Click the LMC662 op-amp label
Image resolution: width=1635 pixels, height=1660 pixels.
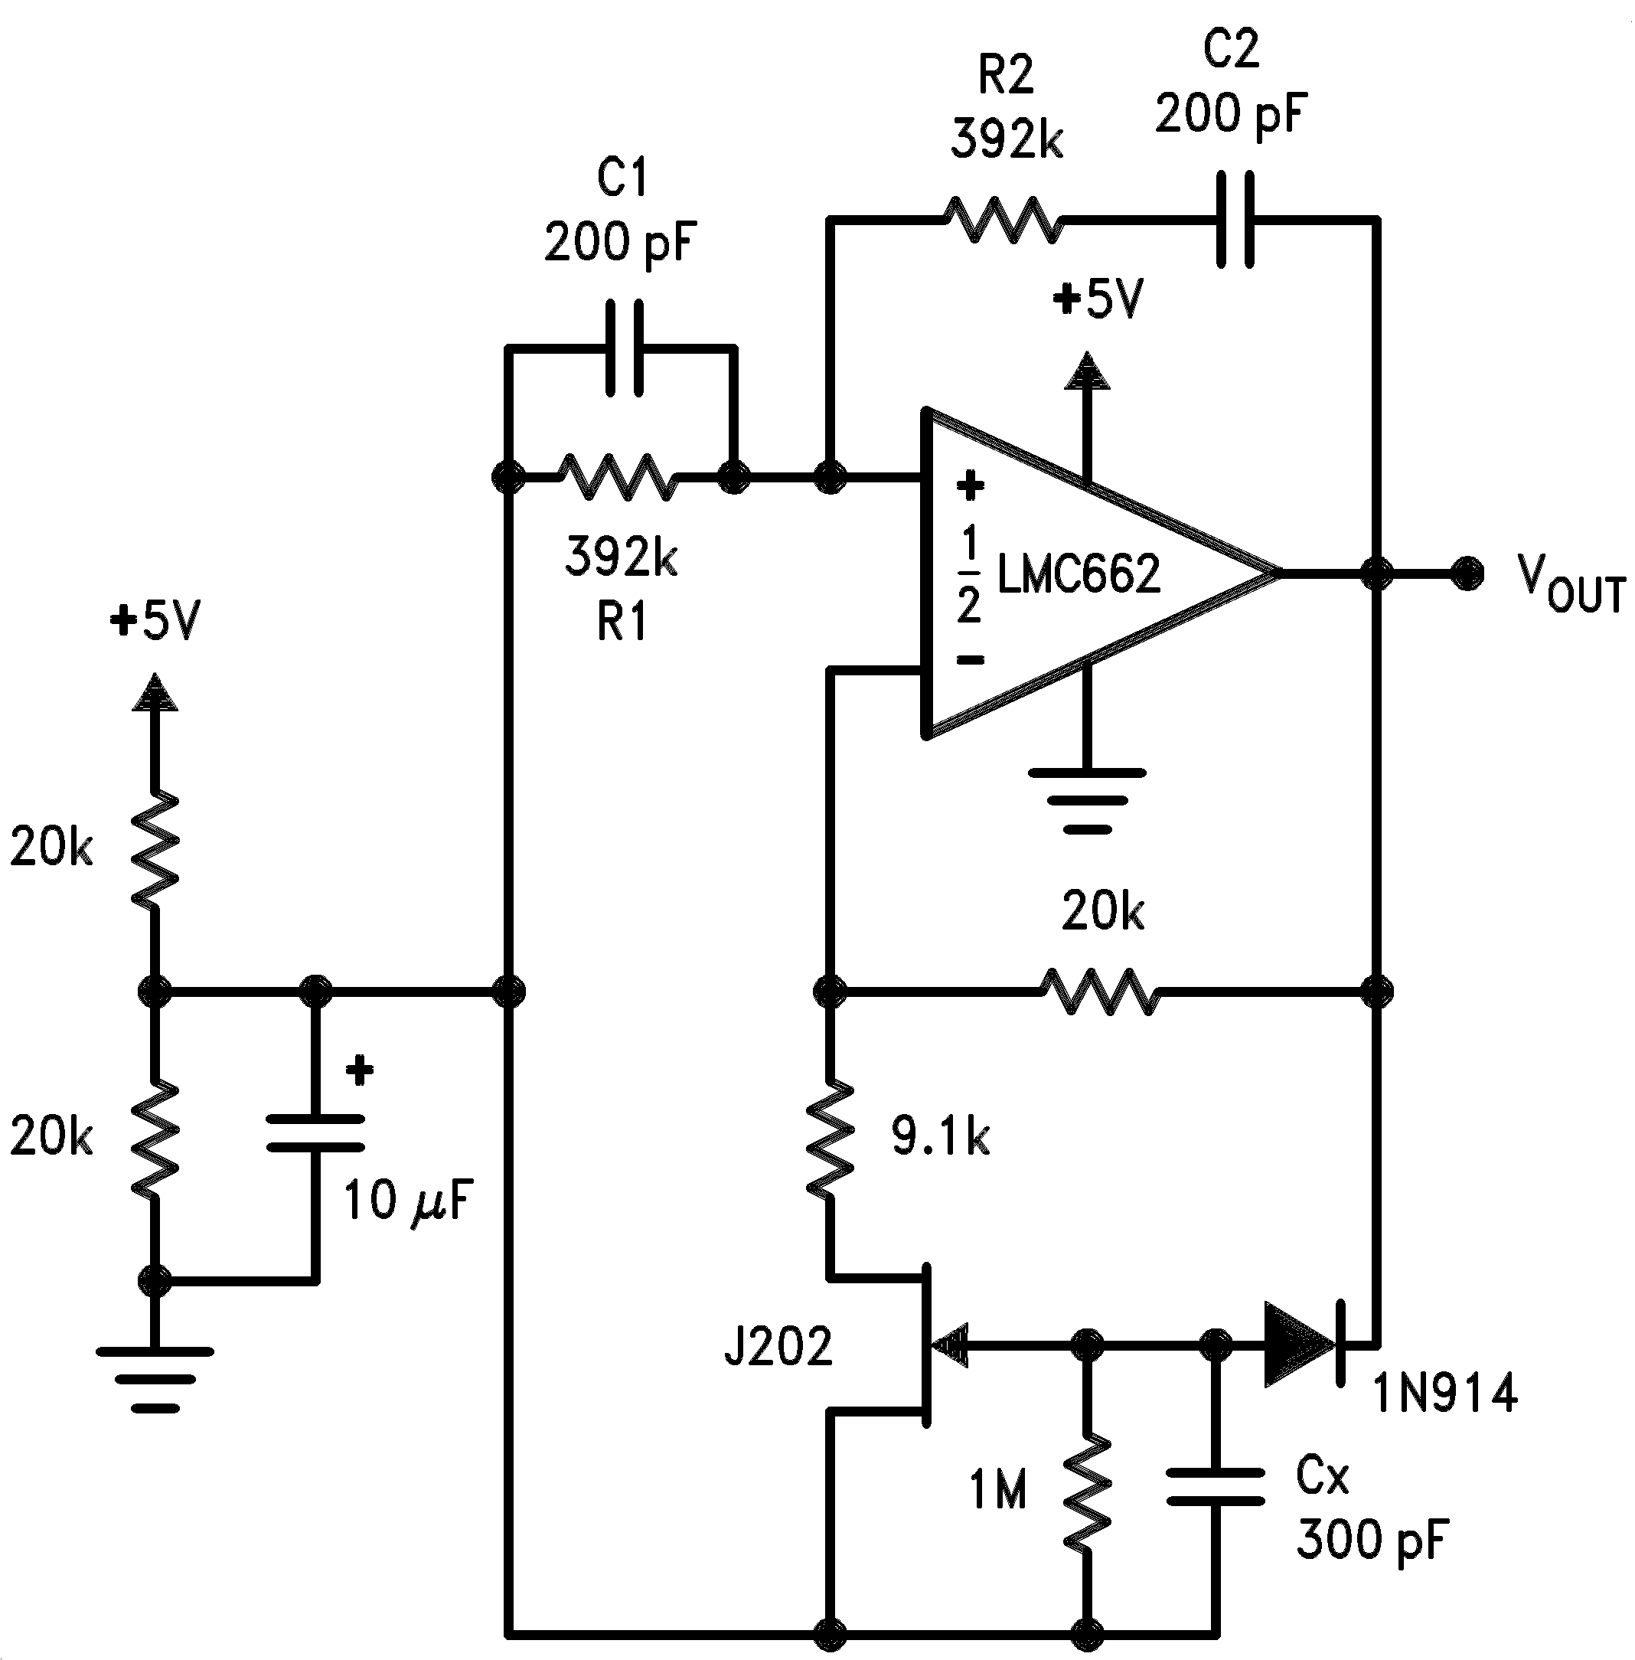(1078, 573)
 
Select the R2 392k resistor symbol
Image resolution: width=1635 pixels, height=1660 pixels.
(1003, 221)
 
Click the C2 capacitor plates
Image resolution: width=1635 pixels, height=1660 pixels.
(1235, 221)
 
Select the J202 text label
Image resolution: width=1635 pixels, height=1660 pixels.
(778, 1346)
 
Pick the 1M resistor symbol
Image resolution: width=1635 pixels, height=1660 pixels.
(1087, 1492)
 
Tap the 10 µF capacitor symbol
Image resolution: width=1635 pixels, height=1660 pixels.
(315, 1133)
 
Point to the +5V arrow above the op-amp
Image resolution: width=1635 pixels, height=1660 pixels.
(1087, 371)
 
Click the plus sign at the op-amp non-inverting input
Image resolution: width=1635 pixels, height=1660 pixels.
(970, 486)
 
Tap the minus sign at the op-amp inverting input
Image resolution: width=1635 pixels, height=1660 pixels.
(970, 659)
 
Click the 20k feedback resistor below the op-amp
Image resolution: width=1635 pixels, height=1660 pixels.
(1101, 992)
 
